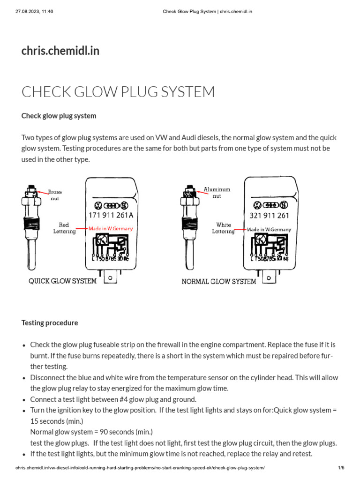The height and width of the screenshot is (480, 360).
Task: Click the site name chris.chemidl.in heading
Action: coord(60,51)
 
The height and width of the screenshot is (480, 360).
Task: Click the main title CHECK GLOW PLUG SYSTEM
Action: coord(118,92)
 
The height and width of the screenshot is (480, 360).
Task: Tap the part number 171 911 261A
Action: coord(111,216)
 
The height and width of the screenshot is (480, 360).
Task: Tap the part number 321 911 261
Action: coord(270,216)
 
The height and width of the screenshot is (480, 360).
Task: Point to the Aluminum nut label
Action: coord(217,193)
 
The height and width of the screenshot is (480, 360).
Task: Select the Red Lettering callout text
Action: coord(64,228)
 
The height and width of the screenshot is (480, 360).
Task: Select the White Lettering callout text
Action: coord(223,228)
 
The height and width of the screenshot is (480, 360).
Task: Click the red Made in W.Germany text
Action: coord(111,229)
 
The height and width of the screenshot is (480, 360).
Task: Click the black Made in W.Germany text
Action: coord(269,229)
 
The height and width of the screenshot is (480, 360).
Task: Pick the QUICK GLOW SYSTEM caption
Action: coord(63,281)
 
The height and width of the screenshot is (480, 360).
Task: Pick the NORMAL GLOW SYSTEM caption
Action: coord(219,282)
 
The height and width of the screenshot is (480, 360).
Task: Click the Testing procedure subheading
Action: coord(50,323)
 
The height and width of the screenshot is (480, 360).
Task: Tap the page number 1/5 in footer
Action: coord(341,468)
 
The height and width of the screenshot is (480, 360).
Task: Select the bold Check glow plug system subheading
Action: coord(59,116)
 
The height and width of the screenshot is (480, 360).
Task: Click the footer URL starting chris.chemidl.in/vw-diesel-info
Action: coord(140,468)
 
